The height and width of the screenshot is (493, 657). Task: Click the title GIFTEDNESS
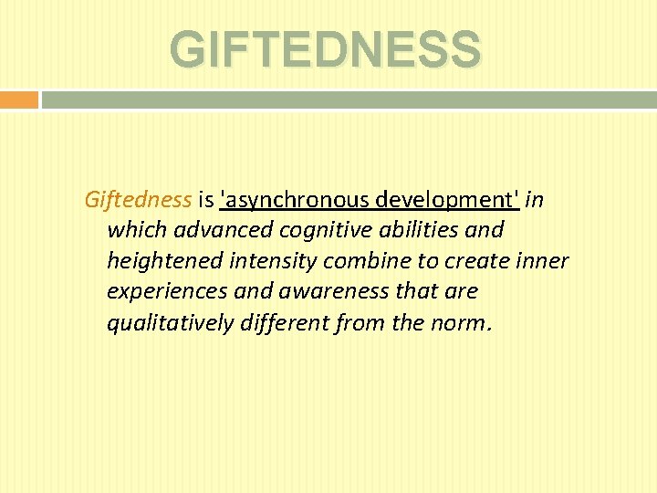click(325, 48)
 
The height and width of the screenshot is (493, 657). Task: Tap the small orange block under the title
click(18, 100)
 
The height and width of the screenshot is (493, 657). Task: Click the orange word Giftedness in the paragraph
click(138, 199)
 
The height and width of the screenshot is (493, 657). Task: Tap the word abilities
click(414, 230)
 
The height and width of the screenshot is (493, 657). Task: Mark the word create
click(479, 261)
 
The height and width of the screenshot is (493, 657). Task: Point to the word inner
click(544, 261)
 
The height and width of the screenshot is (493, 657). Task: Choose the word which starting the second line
click(131, 230)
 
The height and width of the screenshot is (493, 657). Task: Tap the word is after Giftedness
click(205, 199)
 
